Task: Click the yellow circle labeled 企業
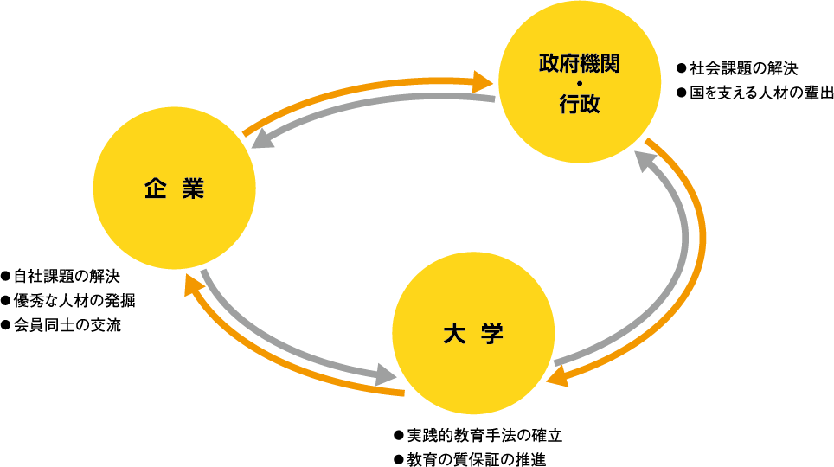click(x=174, y=189)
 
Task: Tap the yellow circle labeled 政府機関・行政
click(x=579, y=83)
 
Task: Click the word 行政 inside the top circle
click(x=579, y=105)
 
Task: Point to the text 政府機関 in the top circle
click(x=579, y=63)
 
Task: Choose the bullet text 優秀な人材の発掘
click(x=74, y=301)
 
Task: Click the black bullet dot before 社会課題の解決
click(x=681, y=67)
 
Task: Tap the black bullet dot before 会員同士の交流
click(x=6, y=325)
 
